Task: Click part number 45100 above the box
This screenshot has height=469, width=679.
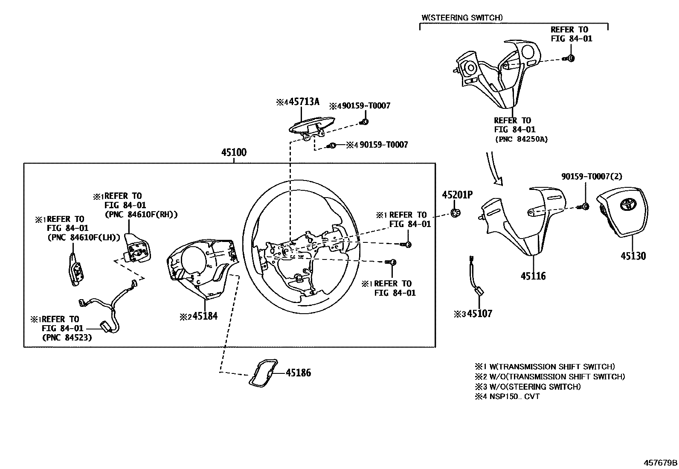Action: coord(234,152)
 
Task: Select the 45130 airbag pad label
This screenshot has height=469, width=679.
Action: coord(633,256)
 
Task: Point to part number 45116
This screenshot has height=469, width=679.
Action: coord(533,276)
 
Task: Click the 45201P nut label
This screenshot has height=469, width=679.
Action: coord(457,195)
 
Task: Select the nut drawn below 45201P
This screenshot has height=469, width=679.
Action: coord(455,213)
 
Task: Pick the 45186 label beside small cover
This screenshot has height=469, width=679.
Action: coord(298,373)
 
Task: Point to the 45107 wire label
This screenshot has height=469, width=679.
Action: coord(479,314)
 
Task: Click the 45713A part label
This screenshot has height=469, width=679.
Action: coord(302,102)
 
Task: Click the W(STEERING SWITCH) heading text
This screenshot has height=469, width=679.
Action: coord(462,17)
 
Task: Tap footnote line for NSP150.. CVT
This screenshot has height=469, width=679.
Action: coord(507,396)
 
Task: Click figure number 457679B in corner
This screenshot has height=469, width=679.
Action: coord(661,463)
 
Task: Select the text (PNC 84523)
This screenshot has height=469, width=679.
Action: coord(67,338)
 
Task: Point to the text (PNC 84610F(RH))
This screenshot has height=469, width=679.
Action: coord(141,214)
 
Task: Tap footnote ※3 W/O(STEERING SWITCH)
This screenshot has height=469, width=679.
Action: coord(528,387)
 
